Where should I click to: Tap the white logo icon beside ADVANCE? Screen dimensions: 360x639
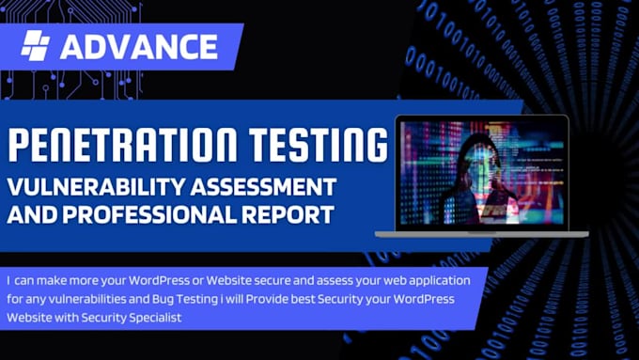click(x=36, y=46)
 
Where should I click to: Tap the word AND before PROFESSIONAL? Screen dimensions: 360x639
click(x=37, y=213)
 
